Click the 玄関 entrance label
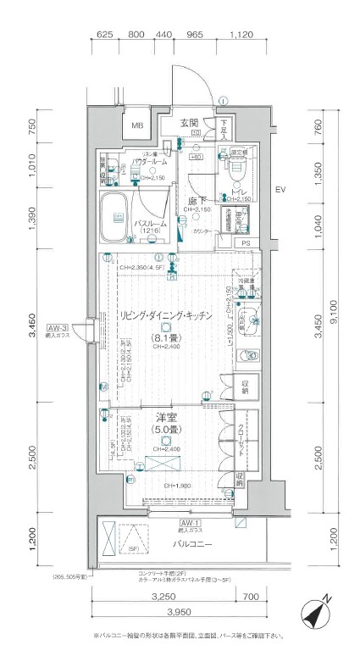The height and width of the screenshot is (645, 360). tap(188, 122)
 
